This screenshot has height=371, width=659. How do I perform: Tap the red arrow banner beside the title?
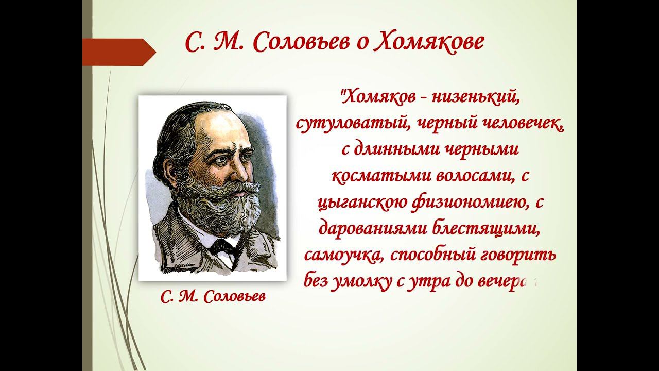[x=118, y=52]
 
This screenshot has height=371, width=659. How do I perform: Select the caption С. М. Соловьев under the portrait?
[x=214, y=297]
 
